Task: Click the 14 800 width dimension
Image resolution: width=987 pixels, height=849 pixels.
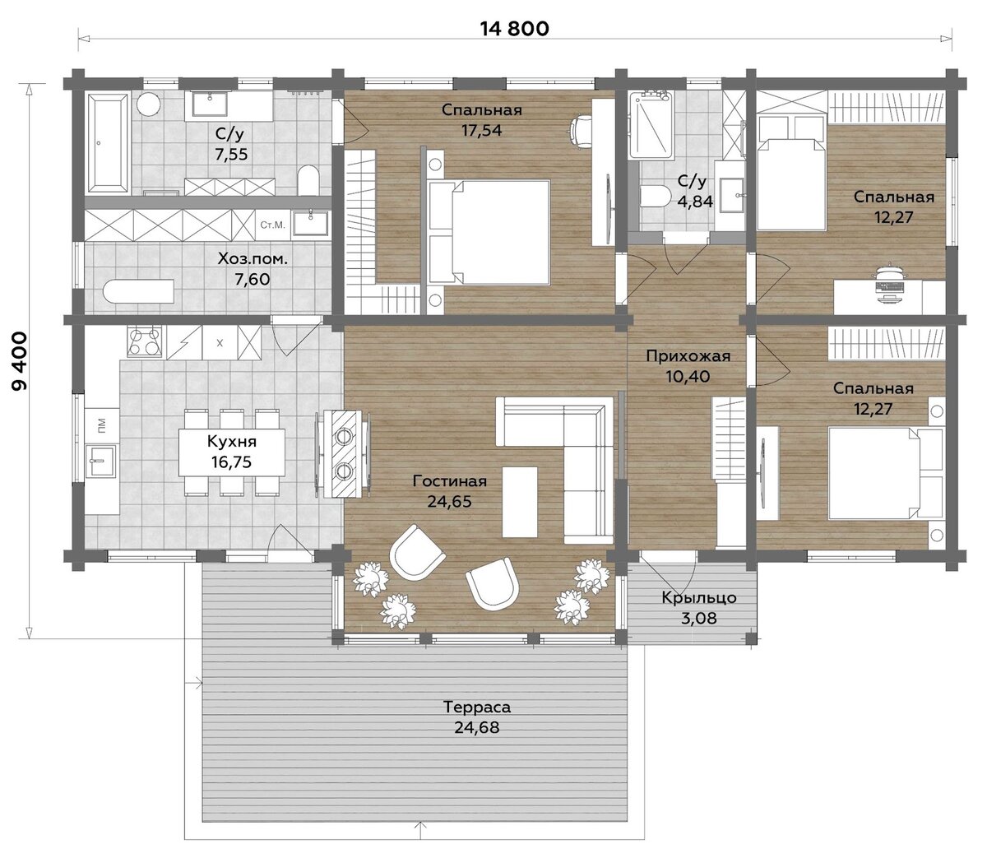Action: pos(514,29)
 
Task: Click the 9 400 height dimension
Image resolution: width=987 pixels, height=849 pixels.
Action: pos(20,361)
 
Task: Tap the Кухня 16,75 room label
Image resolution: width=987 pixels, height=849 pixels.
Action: pos(232,452)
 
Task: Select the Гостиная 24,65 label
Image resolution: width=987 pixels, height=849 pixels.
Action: pos(449,491)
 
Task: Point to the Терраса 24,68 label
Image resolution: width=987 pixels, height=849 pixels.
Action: pos(477,717)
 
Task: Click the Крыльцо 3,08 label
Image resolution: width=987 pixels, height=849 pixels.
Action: pos(699,607)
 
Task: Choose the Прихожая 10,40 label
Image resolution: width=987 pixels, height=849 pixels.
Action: pos(688,366)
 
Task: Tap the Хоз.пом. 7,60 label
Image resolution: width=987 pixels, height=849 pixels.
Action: pos(253,269)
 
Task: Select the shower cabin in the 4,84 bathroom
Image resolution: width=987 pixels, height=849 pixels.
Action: pos(651,125)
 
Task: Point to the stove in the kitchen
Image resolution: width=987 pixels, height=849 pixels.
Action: pos(144,341)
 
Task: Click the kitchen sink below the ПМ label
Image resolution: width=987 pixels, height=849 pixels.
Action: pos(100,462)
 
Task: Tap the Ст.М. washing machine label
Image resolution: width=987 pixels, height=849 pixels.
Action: pos(272,225)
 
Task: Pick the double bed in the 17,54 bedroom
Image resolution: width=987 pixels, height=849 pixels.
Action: pos(490,232)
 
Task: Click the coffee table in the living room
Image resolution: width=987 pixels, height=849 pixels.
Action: pos(520,502)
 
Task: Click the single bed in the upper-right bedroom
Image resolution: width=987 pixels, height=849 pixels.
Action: pos(792,173)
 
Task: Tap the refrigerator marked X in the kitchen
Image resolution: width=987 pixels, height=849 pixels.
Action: pos(220,343)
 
